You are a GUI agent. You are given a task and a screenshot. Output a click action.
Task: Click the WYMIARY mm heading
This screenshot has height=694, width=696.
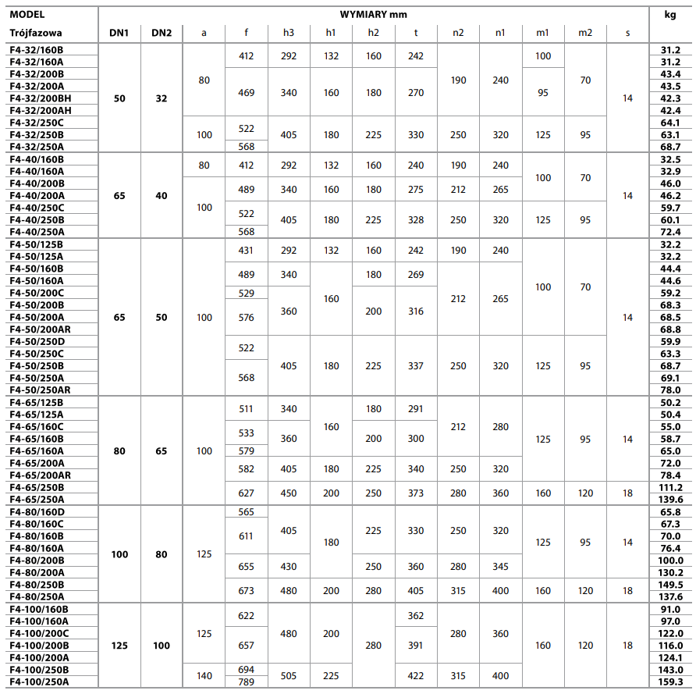(x=374, y=14)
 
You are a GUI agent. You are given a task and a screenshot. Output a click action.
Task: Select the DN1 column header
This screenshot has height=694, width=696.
(x=119, y=33)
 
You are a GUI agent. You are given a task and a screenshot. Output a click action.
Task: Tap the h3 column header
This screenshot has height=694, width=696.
(x=289, y=33)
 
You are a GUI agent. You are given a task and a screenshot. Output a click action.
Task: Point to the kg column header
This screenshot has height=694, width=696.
(x=671, y=14)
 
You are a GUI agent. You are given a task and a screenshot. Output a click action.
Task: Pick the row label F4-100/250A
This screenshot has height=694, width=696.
(x=40, y=682)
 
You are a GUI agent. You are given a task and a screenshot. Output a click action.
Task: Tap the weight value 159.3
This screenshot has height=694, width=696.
(x=671, y=682)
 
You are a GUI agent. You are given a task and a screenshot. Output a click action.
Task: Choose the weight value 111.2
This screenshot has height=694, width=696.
(x=671, y=487)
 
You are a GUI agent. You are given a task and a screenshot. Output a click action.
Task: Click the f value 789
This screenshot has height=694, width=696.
(x=246, y=682)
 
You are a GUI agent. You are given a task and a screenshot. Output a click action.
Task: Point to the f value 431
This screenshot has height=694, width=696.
(x=246, y=251)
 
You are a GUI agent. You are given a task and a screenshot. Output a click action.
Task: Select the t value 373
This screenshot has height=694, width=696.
(x=416, y=493)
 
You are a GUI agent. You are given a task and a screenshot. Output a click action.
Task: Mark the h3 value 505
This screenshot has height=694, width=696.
(x=289, y=676)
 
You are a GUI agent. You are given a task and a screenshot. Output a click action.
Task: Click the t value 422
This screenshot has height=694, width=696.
(x=416, y=676)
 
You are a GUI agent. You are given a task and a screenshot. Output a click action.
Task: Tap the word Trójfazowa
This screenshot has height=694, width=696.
(x=36, y=33)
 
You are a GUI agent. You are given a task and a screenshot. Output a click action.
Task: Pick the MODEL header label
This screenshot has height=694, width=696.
(x=27, y=14)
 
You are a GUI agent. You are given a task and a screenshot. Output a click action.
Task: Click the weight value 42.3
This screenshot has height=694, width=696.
(x=671, y=98)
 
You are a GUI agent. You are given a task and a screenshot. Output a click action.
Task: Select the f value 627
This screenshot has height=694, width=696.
(x=246, y=493)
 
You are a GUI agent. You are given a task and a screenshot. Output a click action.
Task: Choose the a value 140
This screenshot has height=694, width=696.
(x=204, y=676)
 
